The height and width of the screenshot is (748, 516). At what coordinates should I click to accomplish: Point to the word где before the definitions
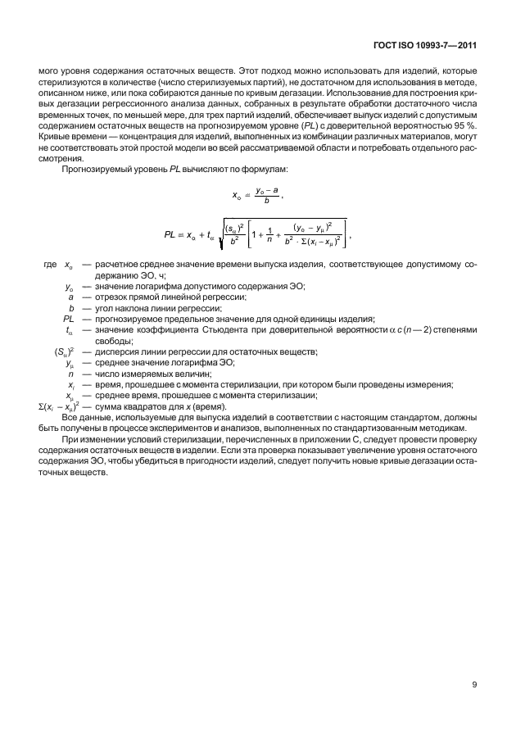click(49, 265)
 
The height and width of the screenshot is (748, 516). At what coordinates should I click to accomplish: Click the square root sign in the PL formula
click(218, 235)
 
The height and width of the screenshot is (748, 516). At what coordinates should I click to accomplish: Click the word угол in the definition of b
click(106, 308)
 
